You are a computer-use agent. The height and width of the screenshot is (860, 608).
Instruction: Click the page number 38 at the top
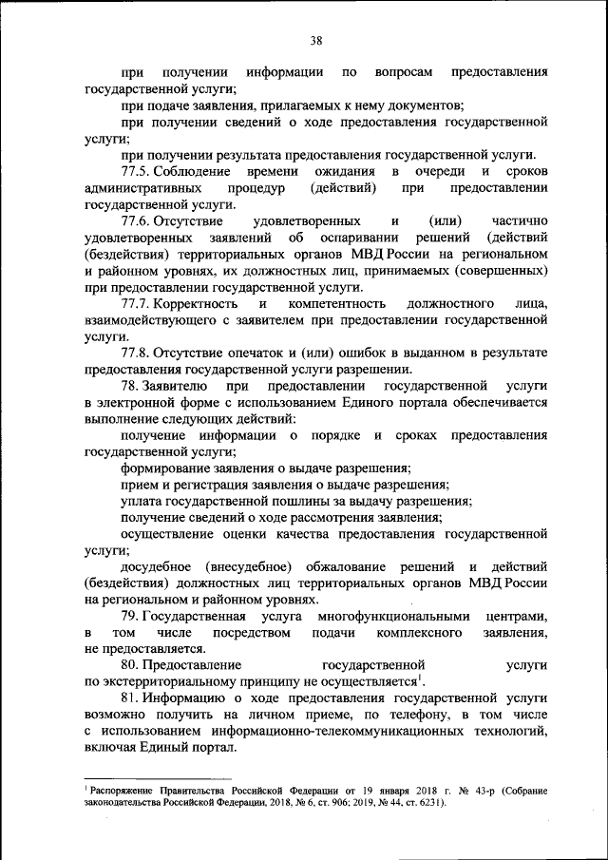point(316,40)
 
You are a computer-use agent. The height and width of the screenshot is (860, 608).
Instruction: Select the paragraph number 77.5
point(134,171)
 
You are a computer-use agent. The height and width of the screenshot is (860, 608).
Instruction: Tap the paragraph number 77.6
point(134,221)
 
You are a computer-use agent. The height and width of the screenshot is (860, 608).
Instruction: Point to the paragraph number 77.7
point(134,302)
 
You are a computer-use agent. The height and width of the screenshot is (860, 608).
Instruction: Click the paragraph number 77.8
point(134,354)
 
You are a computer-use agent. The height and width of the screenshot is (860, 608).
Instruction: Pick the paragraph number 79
point(130,617)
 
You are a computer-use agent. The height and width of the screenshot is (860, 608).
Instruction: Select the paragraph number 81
point(130,699)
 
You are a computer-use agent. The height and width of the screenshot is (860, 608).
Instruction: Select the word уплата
point(142,501)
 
